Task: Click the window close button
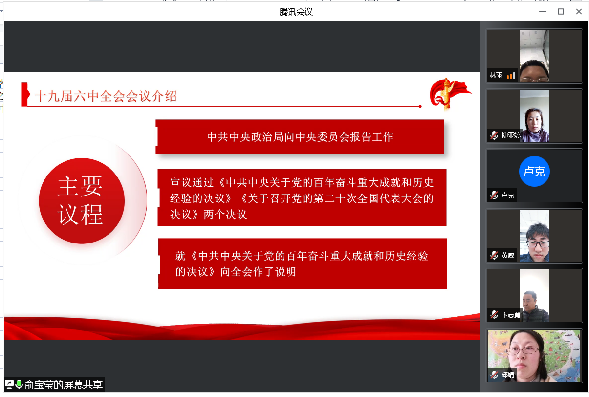(579, 12)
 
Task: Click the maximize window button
(561, 12)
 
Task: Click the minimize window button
(543, 12)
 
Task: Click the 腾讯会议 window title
(296, 12)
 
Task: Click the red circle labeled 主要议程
(82, 201)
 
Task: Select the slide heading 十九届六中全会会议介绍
(106, 96)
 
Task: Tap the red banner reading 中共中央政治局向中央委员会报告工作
(300, 137)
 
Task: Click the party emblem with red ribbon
(449, 94)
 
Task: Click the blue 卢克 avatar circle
(534, 172)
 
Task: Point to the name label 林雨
(496, 76)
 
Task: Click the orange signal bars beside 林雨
(511, 76)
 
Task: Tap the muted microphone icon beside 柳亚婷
(494, 135)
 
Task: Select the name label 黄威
(508, 255)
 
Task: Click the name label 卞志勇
(511, 315)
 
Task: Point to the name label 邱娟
(508, 375)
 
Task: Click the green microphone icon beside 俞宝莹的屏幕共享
(19, 384)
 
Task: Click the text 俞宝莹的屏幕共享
(64, 385)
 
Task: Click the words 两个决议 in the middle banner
(225, 215)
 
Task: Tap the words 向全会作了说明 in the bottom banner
(258, 272)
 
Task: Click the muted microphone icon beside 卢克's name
(494, 195)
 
